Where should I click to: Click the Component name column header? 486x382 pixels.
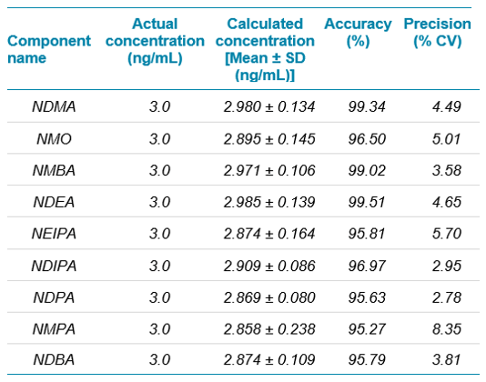coord(49,49)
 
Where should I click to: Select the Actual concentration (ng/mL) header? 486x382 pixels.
coord(155,41)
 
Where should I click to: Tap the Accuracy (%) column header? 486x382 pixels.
coord(358,33)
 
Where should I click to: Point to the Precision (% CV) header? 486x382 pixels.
coord(438,33)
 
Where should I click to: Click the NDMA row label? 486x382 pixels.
coord(54,106)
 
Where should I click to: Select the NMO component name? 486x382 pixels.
coord(54,138)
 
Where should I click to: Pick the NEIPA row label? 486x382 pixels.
coord(54,233)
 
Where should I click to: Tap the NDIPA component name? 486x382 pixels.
coord(54,266)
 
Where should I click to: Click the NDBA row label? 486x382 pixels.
coord(54,359)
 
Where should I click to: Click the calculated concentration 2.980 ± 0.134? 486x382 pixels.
coord(269,106)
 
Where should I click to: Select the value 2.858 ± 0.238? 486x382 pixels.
coord(269,328)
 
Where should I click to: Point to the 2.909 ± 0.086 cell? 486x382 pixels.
coord(269,266)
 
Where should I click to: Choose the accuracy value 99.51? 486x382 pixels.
coord(367,202)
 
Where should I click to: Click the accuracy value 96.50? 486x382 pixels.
coord(367,138)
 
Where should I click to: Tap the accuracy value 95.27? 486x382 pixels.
coord(367,328)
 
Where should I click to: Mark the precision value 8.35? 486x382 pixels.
coord(447,328)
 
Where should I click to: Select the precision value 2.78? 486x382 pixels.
coord(447,297)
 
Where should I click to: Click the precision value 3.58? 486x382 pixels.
coord(447,170)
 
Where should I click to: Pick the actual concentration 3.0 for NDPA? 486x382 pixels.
coord(159,297)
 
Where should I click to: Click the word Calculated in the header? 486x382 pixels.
coord(265,24)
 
